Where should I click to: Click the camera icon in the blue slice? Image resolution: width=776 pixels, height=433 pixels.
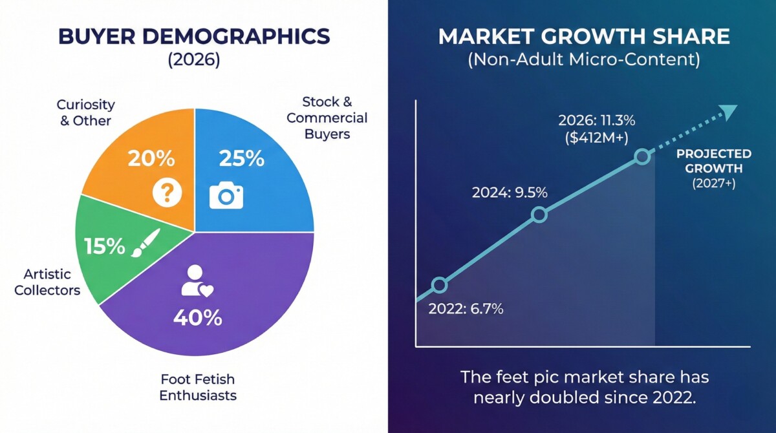226,196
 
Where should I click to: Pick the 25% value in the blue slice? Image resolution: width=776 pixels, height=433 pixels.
241,158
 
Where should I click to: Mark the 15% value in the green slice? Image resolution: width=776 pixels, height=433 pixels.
105,246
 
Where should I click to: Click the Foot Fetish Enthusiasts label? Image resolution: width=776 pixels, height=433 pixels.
198,386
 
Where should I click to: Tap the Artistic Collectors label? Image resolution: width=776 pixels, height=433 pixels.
47,282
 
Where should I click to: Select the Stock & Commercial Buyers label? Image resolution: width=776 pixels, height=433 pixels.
327,118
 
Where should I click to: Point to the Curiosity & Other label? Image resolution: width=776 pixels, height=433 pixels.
85,112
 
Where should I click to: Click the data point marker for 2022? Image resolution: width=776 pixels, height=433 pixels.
439,284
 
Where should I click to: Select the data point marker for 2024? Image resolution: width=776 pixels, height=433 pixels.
539,215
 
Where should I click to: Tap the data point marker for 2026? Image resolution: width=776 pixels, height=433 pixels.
641,156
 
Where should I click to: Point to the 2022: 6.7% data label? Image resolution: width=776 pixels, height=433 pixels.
466,308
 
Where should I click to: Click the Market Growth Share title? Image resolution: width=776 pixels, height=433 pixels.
584,37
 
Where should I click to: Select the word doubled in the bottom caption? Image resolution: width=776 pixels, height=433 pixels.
581,397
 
